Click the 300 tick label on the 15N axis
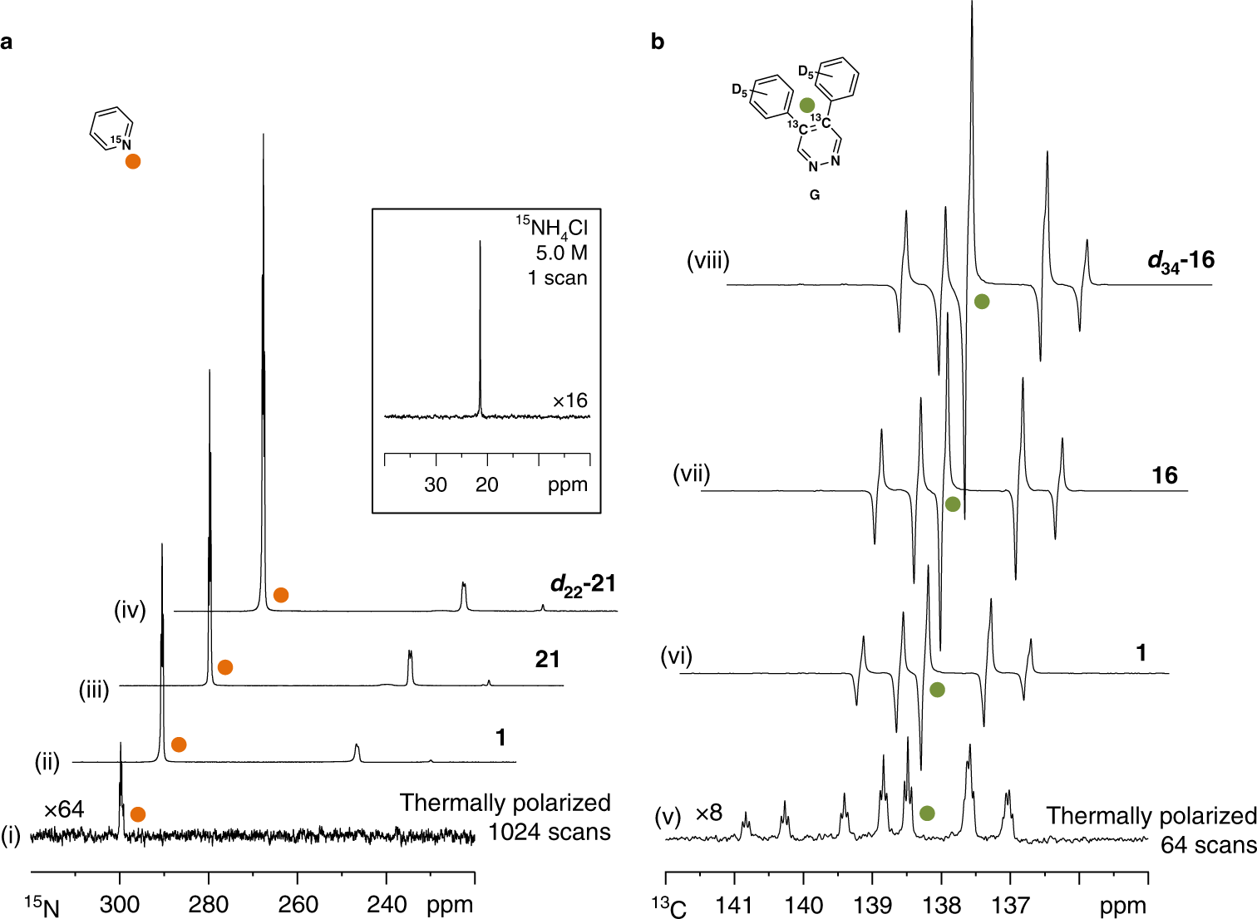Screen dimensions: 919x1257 (x=120, y=904)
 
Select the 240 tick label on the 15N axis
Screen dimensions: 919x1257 (x=387, y=904)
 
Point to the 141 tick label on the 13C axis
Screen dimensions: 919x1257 (x=734, y=905)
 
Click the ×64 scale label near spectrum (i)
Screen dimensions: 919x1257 (x=64, y=809)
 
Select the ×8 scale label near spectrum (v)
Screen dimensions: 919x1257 (x=709, y=813)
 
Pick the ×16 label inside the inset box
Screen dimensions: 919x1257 (x=570, y=401)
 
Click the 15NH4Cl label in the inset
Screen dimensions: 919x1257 (x=552, y=227)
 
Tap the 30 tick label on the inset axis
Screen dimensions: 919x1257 (x=436, y=485)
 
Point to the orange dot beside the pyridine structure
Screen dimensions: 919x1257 (x=133, y=161)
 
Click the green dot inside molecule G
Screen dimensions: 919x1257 (x=806, y=106)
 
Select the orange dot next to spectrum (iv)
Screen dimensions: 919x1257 (x=281, y=595)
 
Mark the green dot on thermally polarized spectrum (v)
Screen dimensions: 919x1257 (x=927, y=813)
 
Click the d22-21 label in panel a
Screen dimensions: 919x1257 (x=583, y=585)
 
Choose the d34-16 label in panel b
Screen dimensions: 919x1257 (x=1181, y=261)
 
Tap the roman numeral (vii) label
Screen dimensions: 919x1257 (x=692, y=474)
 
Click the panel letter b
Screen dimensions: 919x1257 (x=658, y=42)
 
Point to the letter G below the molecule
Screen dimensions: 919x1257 (x=815, y=195)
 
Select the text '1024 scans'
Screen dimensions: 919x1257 (x=549, y=832)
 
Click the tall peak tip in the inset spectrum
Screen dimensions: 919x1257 (x=480, y=243)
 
